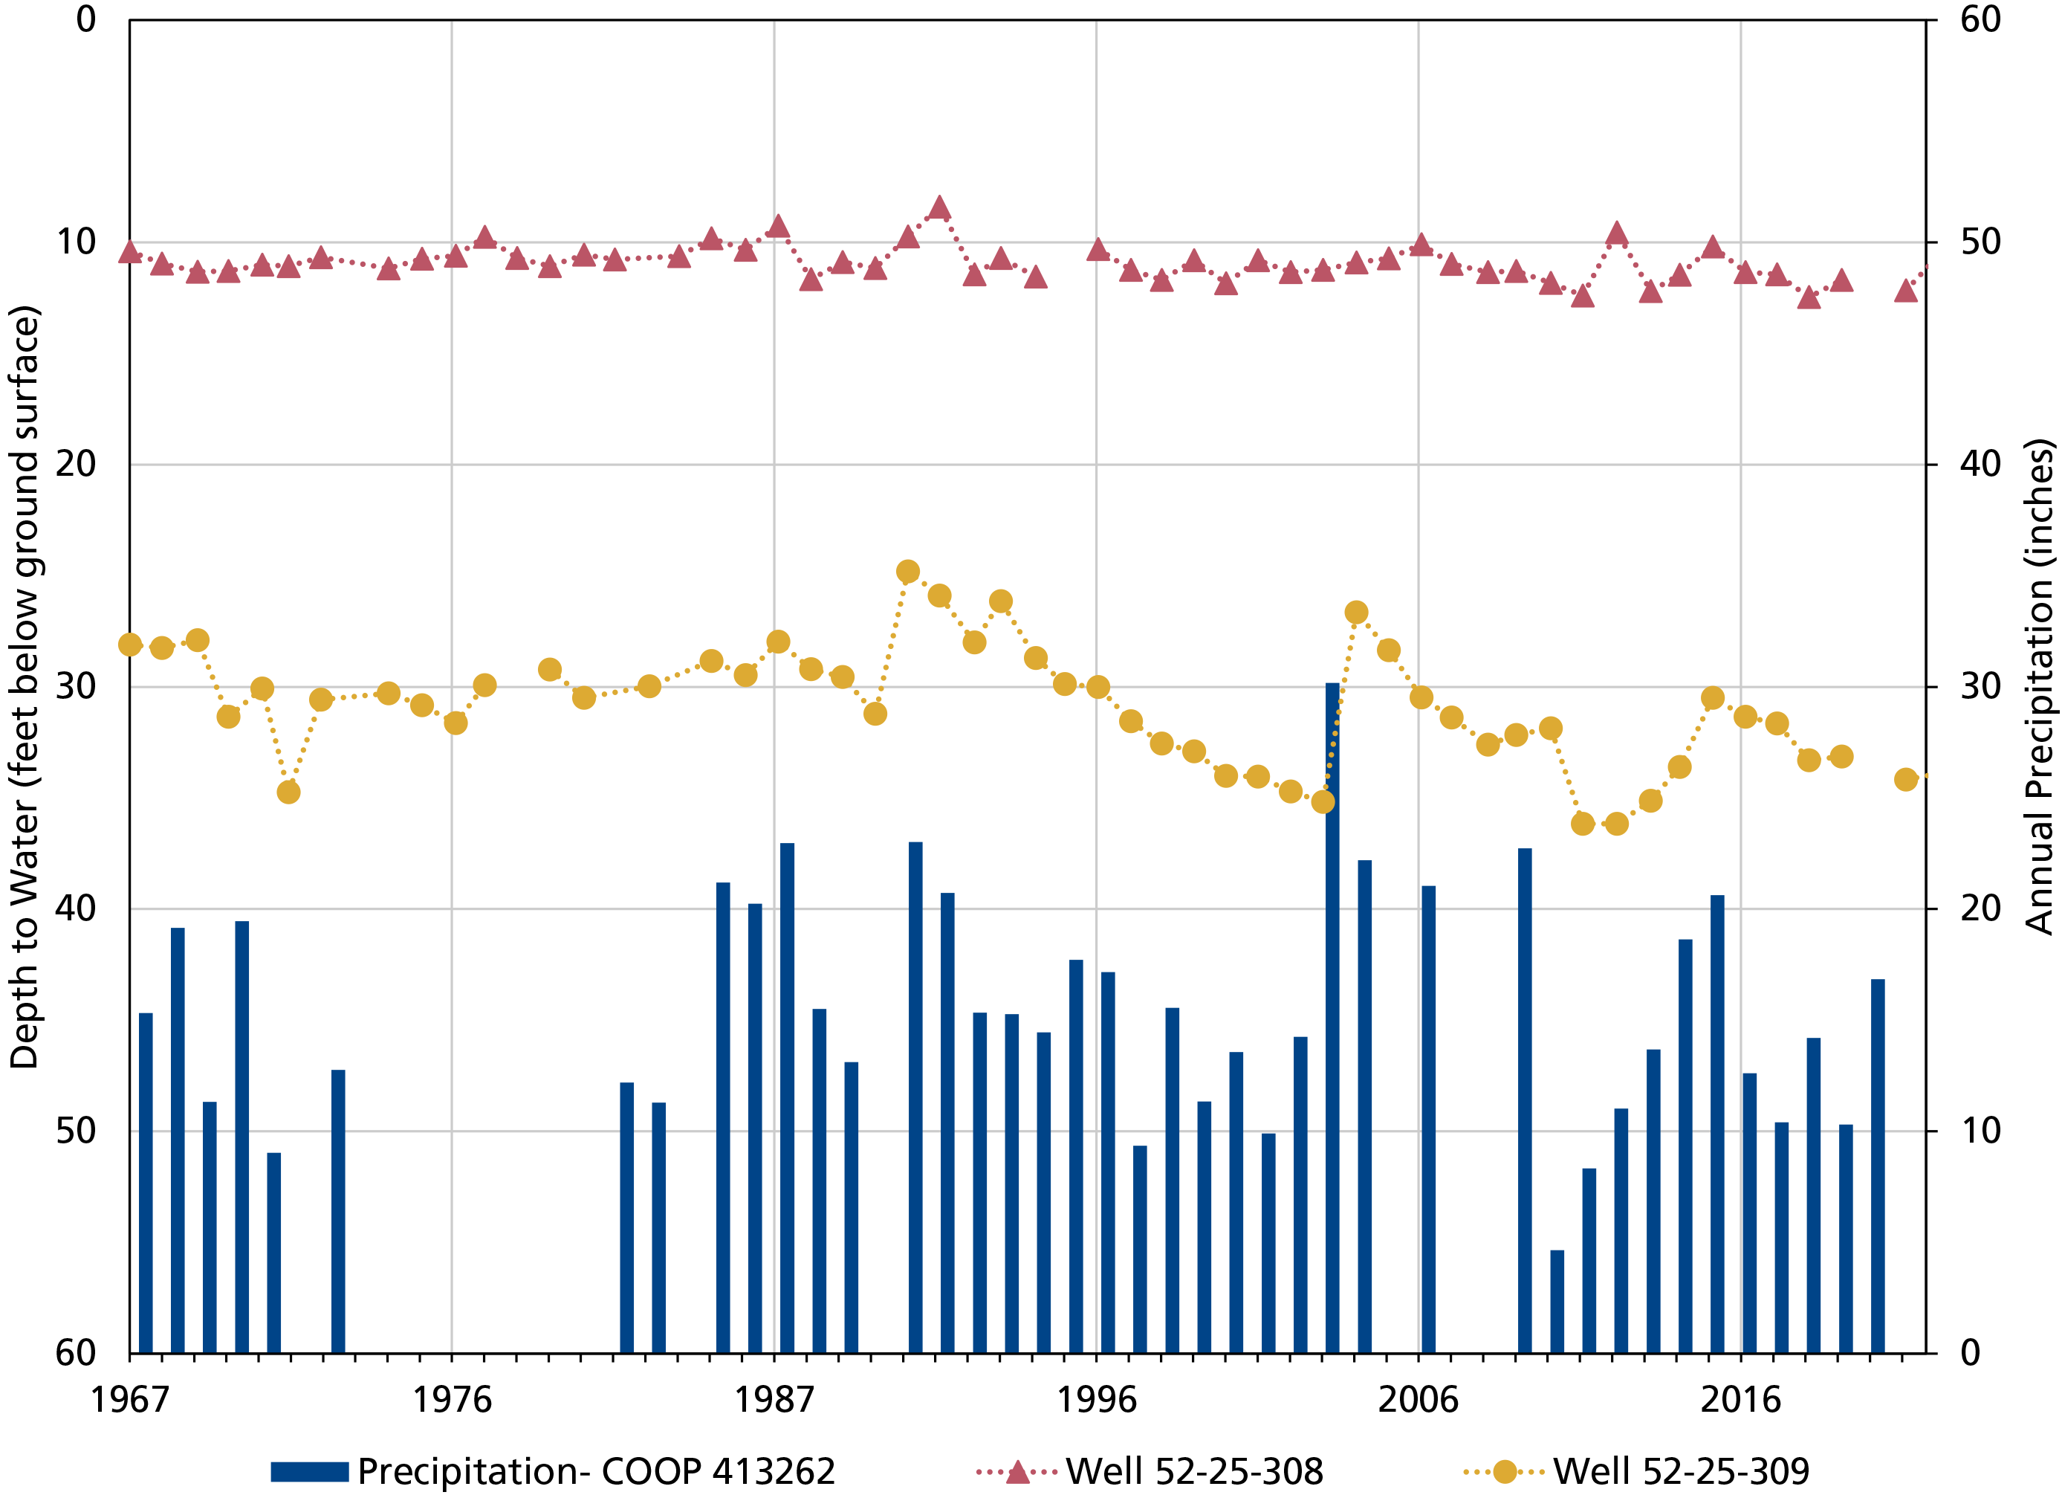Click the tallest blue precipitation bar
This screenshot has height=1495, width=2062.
coord(1332,1018)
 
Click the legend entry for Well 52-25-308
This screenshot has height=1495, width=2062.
coord(1150,1470)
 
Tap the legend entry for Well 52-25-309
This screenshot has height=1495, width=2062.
coord(1635,1470)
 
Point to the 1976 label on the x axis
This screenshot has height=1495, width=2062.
coord(452,1398)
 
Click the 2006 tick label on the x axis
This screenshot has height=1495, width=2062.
coord(1418,1398)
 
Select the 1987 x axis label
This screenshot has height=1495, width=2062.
coord(774,1398)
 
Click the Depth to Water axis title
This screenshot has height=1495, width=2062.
coord(25,687)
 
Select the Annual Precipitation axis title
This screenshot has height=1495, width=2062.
coord(2039,687)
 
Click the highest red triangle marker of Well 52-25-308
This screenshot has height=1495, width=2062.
coord(940,208)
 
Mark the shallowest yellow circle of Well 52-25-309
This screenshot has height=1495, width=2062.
coord(907,571)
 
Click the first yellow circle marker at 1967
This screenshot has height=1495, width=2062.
coord(130,645)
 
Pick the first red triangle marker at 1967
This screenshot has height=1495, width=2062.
coord(130,252)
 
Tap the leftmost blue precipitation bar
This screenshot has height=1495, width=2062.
coord(146,1182)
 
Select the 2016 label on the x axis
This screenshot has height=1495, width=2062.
coord(1740,1398)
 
